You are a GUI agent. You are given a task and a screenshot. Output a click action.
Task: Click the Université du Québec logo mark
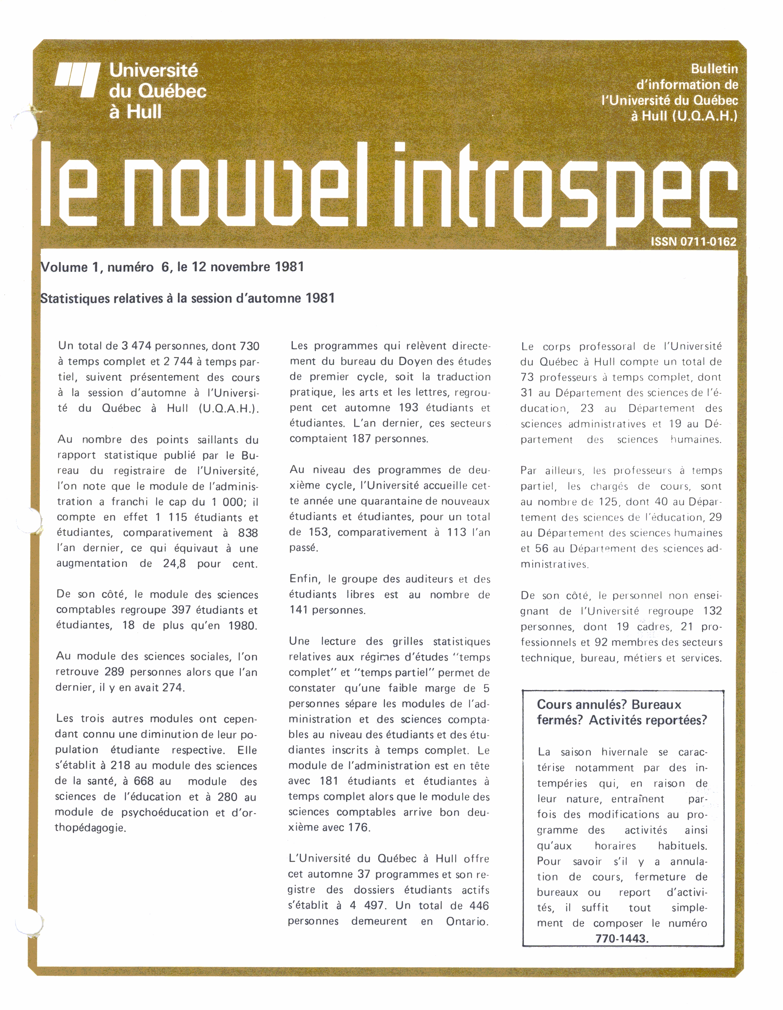click(77, 80)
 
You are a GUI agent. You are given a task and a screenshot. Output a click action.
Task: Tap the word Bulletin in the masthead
click(715, 69)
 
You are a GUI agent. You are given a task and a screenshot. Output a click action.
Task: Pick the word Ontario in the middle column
click(467, 921)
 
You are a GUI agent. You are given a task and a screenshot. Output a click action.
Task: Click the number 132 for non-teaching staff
click(712, 611)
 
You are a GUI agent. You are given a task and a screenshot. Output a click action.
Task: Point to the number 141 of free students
click(299, 610)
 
